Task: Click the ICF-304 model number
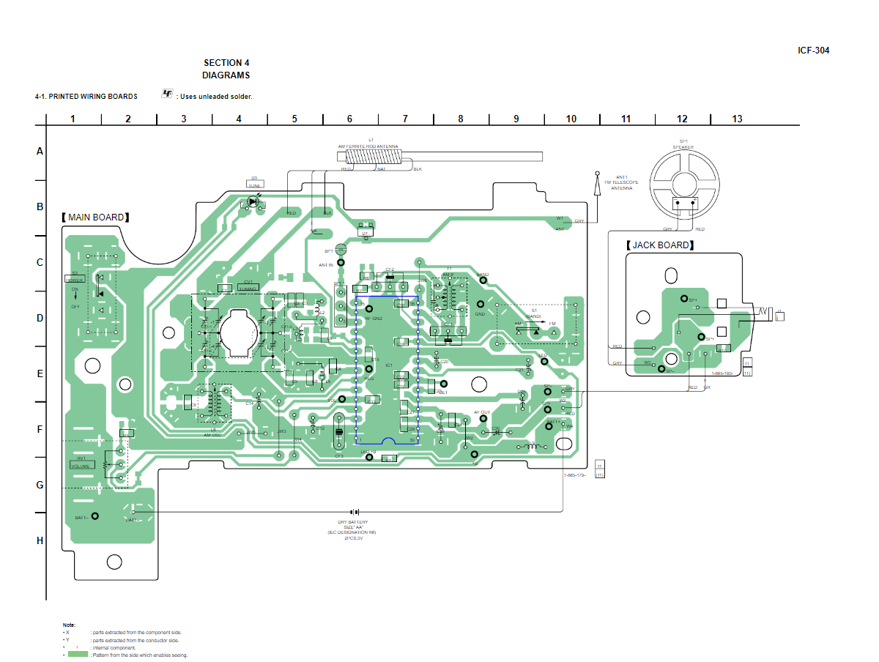click(x=813, y=51)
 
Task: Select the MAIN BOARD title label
click(x=96, y=217)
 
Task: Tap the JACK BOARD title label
click(x=660, y=245)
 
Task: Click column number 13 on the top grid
click(x=737, y=119)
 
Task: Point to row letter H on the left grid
click(x=40, y=540)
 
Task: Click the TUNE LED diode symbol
click(x=253, y=201)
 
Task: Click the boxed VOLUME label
click(x=81, y=466)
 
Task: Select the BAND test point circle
click(x=481, y=283)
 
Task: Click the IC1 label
click(x=389, y=365)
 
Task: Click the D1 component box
click(x=365, y=233)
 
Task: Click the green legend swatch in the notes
click(x=78, y=654)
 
